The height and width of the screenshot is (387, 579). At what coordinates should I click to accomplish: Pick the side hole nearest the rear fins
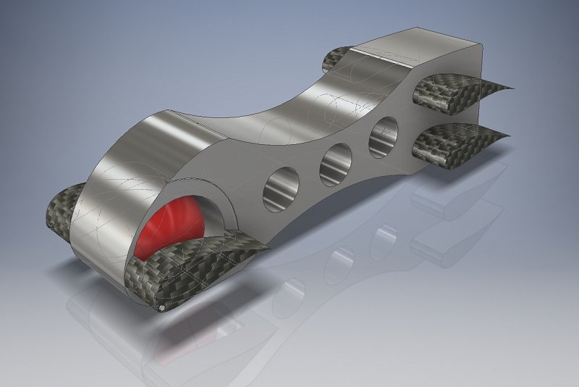point(384,136)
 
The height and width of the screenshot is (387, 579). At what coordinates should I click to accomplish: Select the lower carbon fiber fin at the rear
point(452,140)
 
